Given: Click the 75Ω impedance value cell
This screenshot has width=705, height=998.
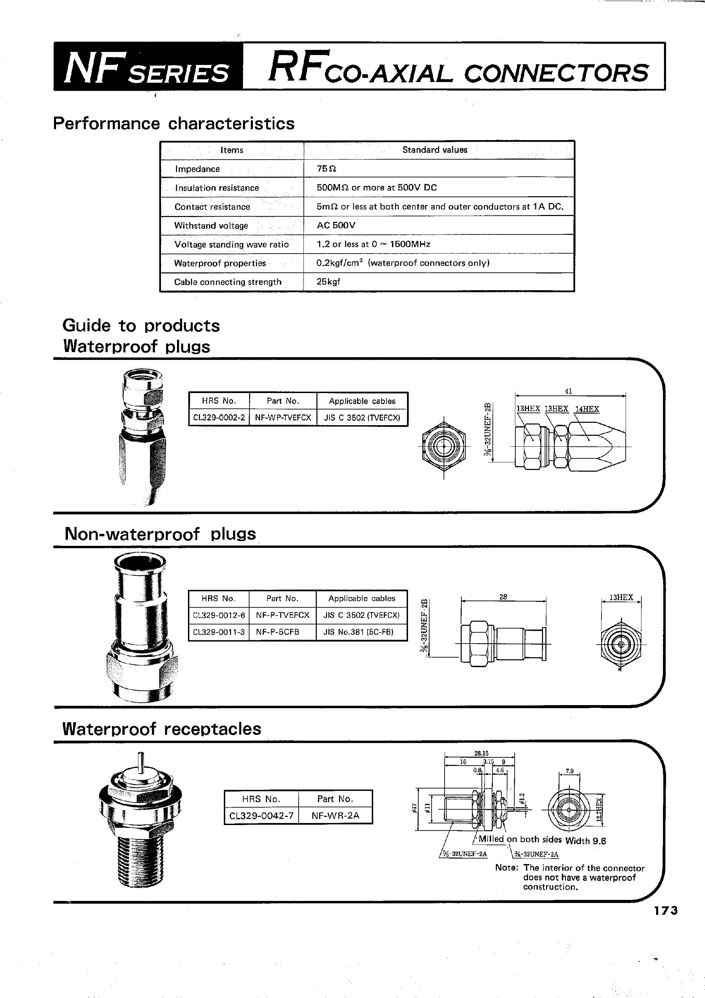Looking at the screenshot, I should pos(326,168).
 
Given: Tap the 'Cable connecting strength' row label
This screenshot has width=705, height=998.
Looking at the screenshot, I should pos(228,282).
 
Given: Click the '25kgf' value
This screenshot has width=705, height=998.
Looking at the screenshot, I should pos(328,281).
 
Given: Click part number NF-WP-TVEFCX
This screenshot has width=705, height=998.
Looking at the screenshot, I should pos(283,418).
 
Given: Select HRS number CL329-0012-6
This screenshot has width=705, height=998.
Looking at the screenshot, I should pos(219,615).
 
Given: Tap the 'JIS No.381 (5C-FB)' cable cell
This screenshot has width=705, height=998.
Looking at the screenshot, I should pos(358,632).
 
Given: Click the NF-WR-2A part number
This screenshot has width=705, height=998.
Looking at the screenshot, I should pos(335,815).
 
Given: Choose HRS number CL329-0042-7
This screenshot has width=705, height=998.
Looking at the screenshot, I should pos(261,815).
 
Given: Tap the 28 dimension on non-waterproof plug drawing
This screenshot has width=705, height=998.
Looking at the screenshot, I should pos(503,597).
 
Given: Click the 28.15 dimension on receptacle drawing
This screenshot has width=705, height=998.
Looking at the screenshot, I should pos(481,753).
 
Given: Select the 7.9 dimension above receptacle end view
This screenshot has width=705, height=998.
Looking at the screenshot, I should pos(569,771).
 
